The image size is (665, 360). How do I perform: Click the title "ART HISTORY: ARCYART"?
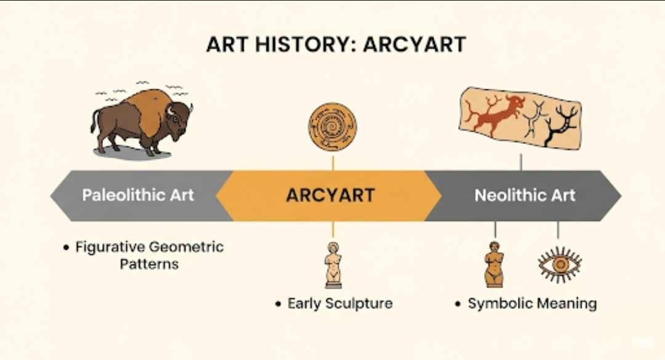pos(336,45)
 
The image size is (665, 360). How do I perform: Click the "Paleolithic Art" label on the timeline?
pos(138,196)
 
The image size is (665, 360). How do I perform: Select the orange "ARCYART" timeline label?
pos(330,196)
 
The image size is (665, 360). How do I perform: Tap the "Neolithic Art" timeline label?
pos(525,196)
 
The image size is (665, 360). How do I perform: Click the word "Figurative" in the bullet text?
pos(110,247)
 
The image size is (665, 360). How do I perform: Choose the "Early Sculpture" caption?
pos(340,303)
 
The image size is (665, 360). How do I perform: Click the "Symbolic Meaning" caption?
pos(532,303)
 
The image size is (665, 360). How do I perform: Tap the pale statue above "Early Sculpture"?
pos(332,264)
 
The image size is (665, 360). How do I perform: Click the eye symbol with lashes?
pos(559,265)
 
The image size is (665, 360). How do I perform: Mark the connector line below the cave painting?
pos(521,162)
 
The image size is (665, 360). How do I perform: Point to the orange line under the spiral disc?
pos(332,162)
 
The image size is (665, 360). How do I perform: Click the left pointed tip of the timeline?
pos(52,196)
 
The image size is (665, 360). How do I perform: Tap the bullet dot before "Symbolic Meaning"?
pos(458,304)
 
